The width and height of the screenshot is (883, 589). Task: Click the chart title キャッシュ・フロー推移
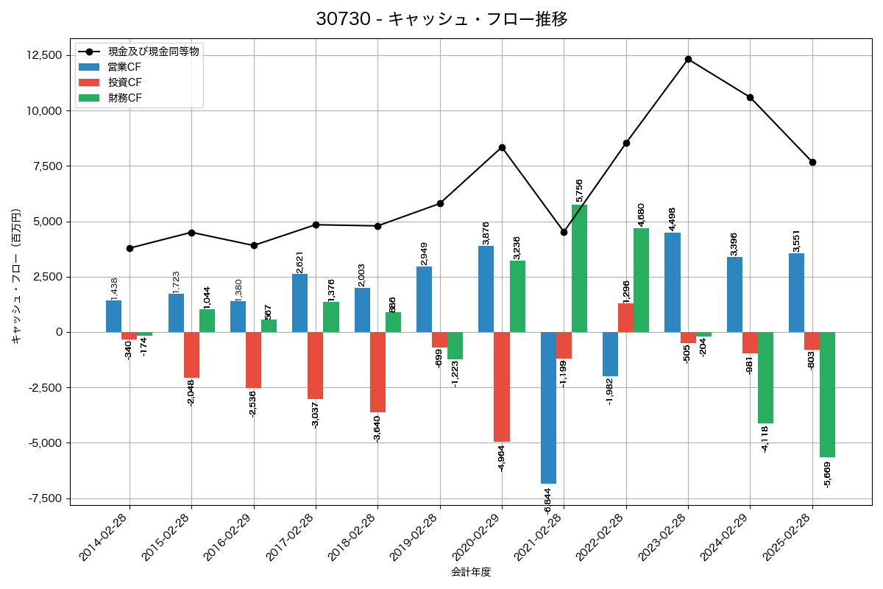[x=441, y=19]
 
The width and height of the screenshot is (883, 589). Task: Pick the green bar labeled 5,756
[x=579, y=268]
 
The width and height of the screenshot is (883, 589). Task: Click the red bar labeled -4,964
[x=502, y=387]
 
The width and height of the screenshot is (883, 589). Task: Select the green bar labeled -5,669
[x=827, y=395]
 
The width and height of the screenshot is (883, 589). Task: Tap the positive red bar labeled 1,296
[x=625, y=317]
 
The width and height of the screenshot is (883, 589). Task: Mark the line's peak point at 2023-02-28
[x=688, y=59]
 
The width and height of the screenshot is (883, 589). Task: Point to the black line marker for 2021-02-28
[x=564, y=232]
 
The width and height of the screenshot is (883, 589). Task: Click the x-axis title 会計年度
[x=471, y=572]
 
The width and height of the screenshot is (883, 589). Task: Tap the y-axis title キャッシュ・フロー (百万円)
[x=16, y=277]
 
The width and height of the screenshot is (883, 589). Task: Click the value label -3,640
[x=377, y=427]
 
